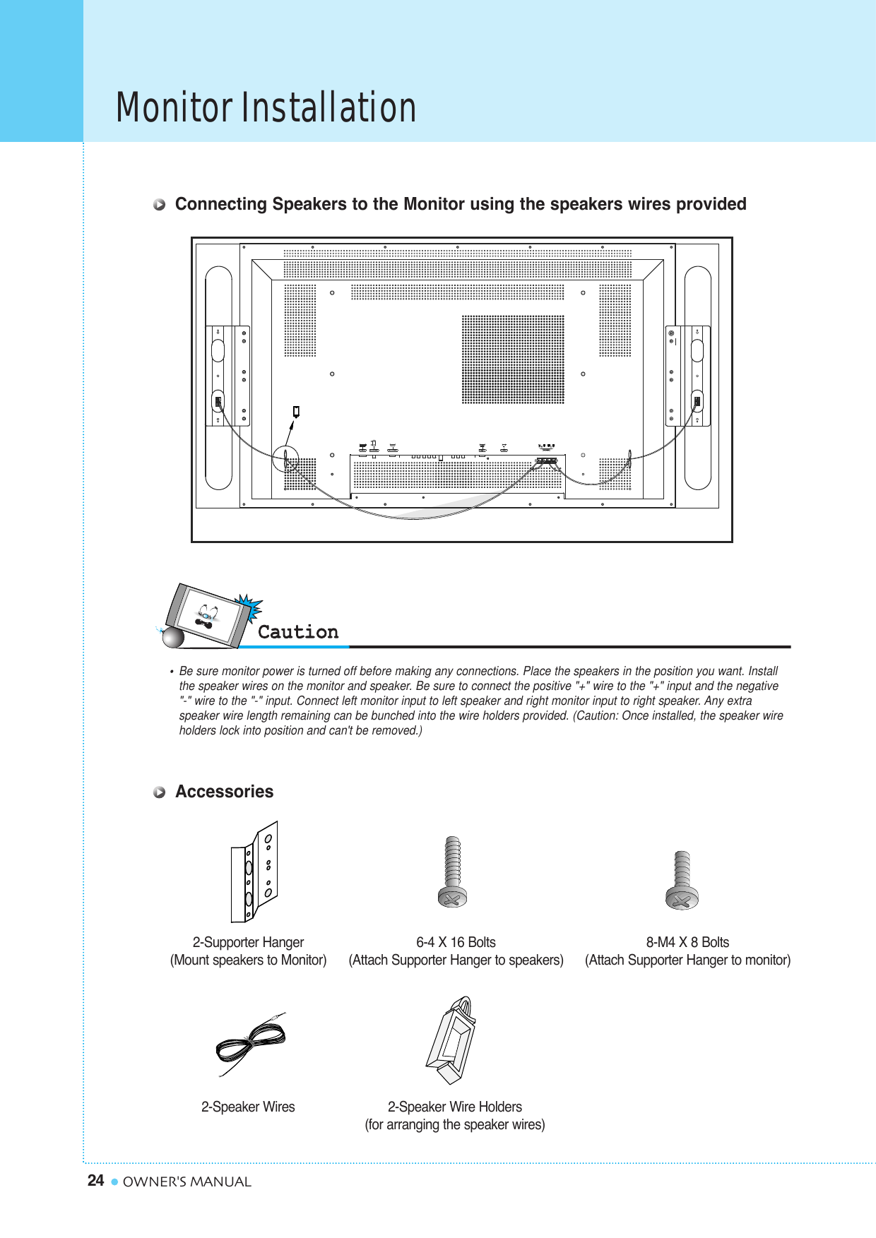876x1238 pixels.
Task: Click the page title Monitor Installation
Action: click(266, 107)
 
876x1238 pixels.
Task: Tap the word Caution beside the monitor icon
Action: click(297, 632)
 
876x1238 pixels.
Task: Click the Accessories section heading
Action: click(224, 792)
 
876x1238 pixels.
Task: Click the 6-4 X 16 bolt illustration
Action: click(453, 873)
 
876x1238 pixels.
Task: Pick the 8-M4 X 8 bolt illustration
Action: click(682, 881)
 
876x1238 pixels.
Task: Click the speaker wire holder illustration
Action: click(452, 1041)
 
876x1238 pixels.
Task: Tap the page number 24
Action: click(95, 1181)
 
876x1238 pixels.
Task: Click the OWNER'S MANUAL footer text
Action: click(187, 1182)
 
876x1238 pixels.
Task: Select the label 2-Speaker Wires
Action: click(248, 1107)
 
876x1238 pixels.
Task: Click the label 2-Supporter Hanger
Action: click(248, 942)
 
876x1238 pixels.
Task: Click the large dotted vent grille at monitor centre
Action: click(513, 359)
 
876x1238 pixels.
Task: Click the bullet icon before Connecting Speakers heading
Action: click(160, 205)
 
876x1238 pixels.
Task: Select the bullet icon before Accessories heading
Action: click(160, 792)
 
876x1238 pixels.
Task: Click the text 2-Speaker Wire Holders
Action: click(454, 1107)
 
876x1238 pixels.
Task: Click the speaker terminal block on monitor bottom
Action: click(547, 460)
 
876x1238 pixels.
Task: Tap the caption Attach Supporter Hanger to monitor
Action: click(687, 960)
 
